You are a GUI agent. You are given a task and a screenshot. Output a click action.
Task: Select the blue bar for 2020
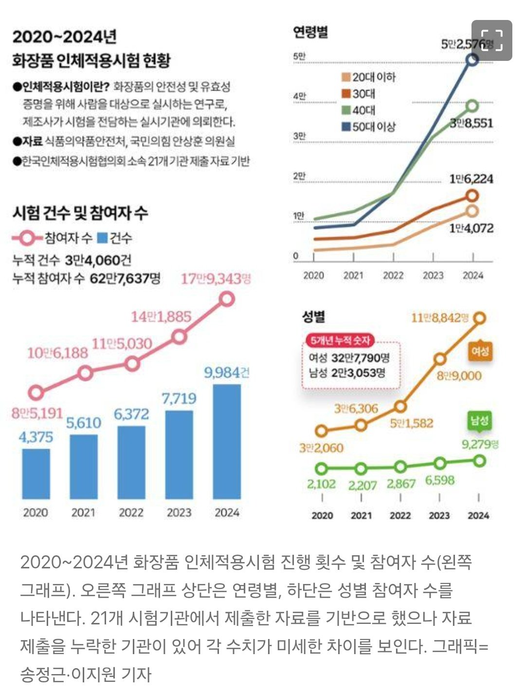36,473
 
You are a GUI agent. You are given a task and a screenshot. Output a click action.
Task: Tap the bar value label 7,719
179,399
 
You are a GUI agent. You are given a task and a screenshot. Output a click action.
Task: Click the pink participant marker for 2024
227,299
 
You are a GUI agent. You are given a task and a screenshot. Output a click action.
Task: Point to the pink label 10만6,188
57,353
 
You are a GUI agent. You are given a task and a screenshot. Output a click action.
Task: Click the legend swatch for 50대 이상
346,127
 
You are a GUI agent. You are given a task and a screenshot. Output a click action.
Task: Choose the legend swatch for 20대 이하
346,77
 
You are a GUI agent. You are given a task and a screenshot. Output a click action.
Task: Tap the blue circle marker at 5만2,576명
472,59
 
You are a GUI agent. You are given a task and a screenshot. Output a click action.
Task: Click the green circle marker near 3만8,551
472,105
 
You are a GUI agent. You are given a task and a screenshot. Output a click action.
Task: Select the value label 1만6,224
471,179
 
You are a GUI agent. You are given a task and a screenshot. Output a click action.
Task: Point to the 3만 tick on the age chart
299,136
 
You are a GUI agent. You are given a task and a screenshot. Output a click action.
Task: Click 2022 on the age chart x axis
393,276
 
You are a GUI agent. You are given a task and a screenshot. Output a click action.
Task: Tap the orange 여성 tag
480,351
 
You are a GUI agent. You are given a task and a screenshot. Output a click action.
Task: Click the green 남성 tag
479,421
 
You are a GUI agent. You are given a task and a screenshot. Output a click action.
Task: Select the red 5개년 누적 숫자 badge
341,340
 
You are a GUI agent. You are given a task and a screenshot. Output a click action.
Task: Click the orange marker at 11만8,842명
479,318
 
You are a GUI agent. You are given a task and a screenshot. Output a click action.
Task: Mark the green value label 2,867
401,484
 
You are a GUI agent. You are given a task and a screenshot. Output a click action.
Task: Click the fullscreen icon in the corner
491,40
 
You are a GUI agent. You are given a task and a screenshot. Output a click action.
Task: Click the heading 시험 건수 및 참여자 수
80,213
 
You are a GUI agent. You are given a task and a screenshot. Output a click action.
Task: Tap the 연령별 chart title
310,32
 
